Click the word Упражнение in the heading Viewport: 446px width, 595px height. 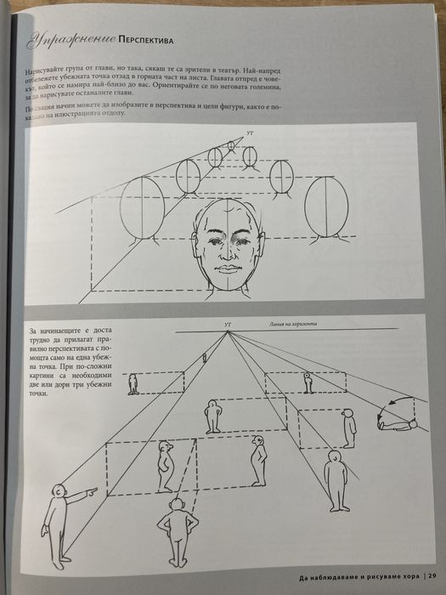[x=70, y=37]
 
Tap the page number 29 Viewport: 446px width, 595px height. [x=431, y=581]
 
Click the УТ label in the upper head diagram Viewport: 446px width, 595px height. [x=249, y=134]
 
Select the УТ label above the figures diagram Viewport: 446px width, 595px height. [x=227, y=324]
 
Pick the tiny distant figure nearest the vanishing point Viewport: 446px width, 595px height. [x=204, y=359]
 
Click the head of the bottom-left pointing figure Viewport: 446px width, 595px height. [x=58, y=492]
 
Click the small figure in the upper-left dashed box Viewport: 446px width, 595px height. [x=133, y=385]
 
